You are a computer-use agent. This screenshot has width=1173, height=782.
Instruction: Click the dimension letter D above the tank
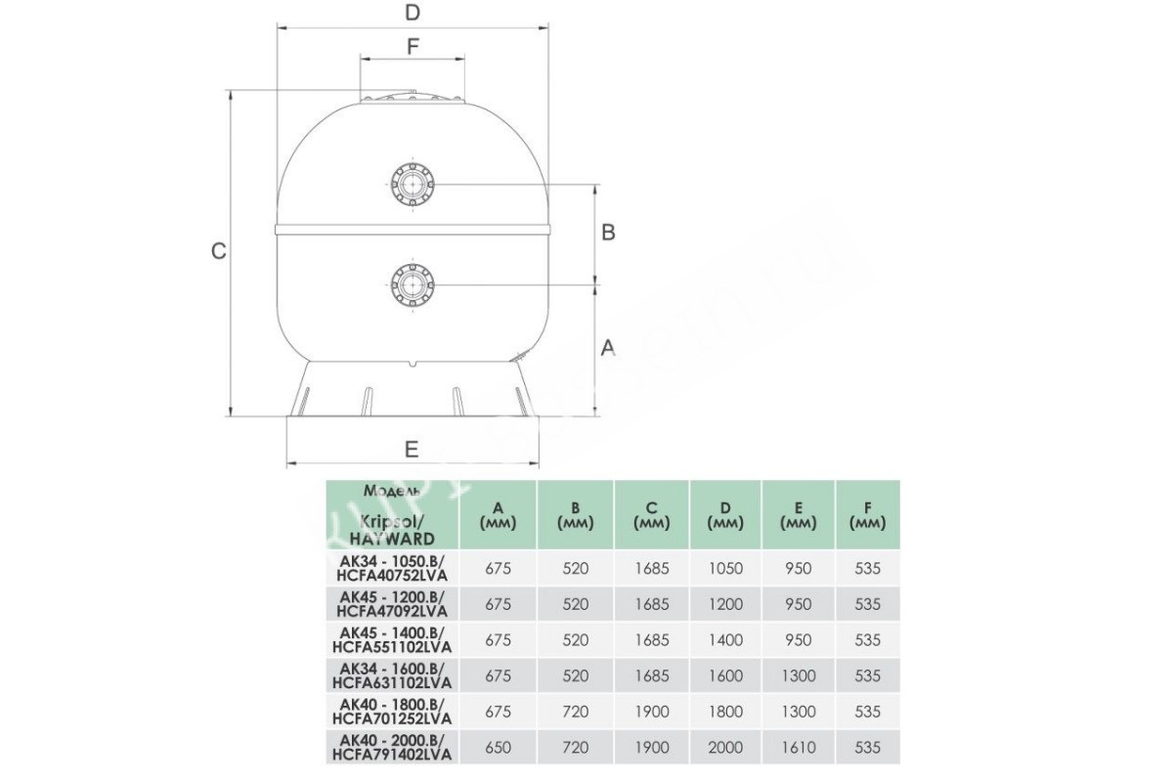coord(413,12)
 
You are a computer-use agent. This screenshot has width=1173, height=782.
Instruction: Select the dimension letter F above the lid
coord(413,47)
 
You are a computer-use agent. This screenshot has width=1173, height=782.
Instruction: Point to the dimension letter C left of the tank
coord(218,251)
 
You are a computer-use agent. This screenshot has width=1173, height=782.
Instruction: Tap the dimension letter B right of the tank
coord(608,232)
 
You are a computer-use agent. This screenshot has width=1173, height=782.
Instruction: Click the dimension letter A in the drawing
coord(607,347)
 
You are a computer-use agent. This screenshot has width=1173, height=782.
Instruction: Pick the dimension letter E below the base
coord(412,450)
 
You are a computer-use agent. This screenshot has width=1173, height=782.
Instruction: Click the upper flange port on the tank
coord(413,185)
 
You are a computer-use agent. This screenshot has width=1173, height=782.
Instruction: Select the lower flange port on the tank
coord(413,284)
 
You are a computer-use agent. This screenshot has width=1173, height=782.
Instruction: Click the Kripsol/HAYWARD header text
coord(392,530)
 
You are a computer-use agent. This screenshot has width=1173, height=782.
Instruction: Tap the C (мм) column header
coord(651,515)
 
